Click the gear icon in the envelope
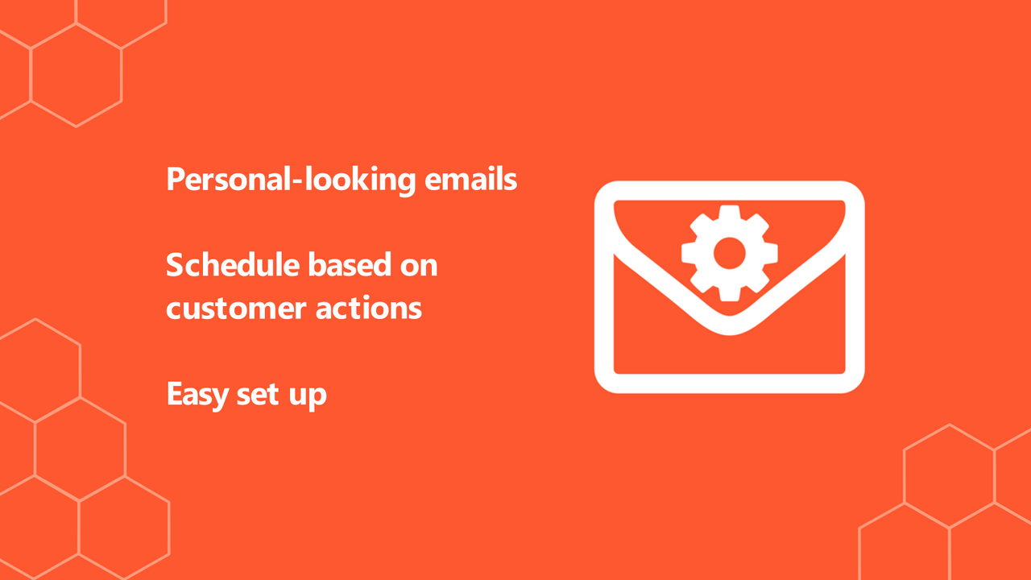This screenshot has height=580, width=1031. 730,251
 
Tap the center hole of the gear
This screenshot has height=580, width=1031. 730,251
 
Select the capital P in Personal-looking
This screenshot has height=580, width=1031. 175,179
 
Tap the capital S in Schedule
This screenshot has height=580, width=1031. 175,264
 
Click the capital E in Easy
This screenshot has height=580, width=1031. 174,394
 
